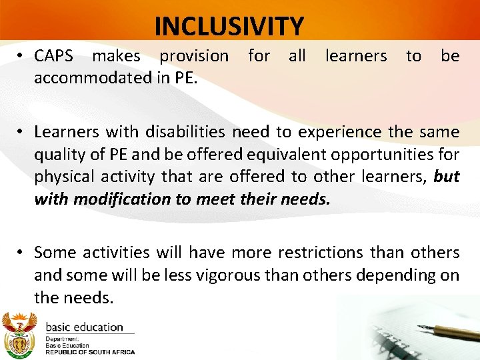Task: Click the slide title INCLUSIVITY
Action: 229,26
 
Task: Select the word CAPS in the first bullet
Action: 53,56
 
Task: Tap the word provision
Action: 194,56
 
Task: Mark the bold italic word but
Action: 446,176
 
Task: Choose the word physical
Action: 68,176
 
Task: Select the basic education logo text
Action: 84,327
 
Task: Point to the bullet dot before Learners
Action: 21,132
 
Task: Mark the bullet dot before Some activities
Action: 21,253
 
